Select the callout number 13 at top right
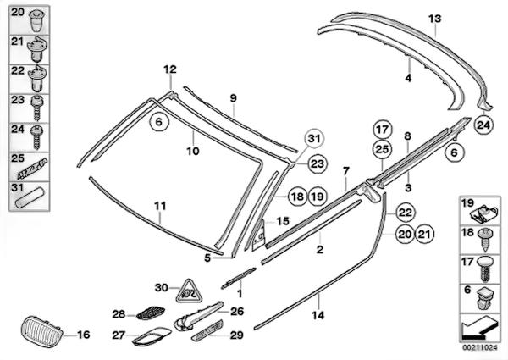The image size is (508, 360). (435, 18)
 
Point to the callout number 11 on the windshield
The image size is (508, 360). (160, 205)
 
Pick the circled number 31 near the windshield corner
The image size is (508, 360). (314, 140)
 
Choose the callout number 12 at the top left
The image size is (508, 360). (169, 69)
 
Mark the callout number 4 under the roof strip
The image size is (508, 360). (407, 77)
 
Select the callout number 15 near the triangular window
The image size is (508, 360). (282, 220)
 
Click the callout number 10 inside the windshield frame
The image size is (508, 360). (192, 152)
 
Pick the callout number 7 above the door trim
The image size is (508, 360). (345, 171)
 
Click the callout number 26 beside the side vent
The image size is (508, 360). (236, 312)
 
